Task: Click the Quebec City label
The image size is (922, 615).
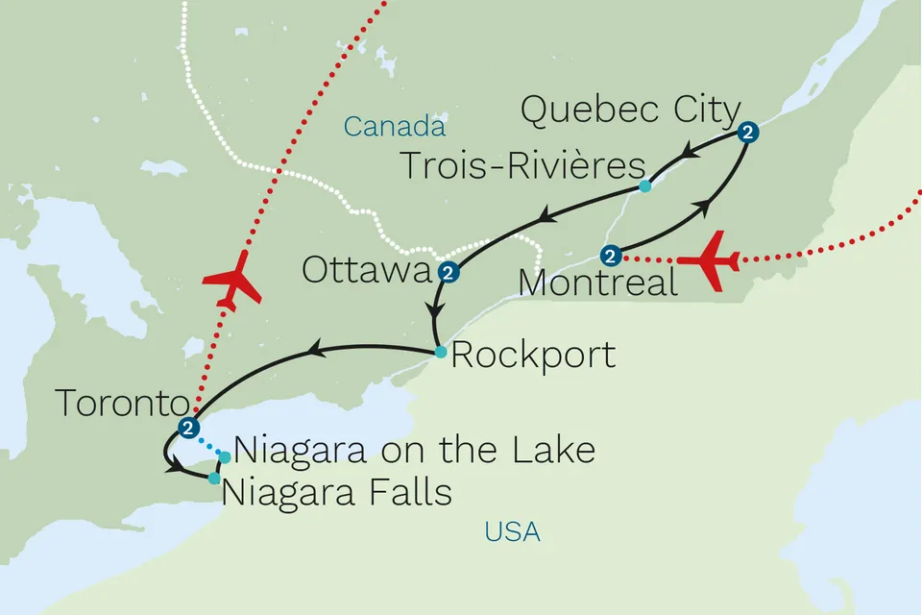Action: [x=629, y=111]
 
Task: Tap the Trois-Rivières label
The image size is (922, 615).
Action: [x=522, y=165]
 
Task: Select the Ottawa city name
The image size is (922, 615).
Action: [x=367, y=270]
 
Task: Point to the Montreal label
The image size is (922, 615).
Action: [x=596, y=283]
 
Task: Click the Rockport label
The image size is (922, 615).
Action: [x=533, y=356]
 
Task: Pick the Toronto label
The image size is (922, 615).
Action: [x=120, y=404]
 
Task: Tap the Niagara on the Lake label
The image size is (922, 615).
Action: [x=414, y=450]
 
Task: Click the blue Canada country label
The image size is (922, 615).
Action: [x=395, y=126]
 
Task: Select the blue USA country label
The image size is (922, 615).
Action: [x=512, y=531]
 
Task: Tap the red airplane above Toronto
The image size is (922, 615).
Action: [x=231, y=280]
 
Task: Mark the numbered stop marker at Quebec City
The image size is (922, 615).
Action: [x=748, y=135]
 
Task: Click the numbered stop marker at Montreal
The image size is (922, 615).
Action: [x=609, y=256]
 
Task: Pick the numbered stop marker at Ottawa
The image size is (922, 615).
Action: [x=448, y=274]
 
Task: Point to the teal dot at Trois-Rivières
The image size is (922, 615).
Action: [x=645, y=186]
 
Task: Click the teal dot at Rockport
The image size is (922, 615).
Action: [x=440, y=352]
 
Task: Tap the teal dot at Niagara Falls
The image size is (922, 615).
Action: [x=213, y=478]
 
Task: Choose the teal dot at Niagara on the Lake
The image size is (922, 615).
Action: [x=225, y=455]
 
